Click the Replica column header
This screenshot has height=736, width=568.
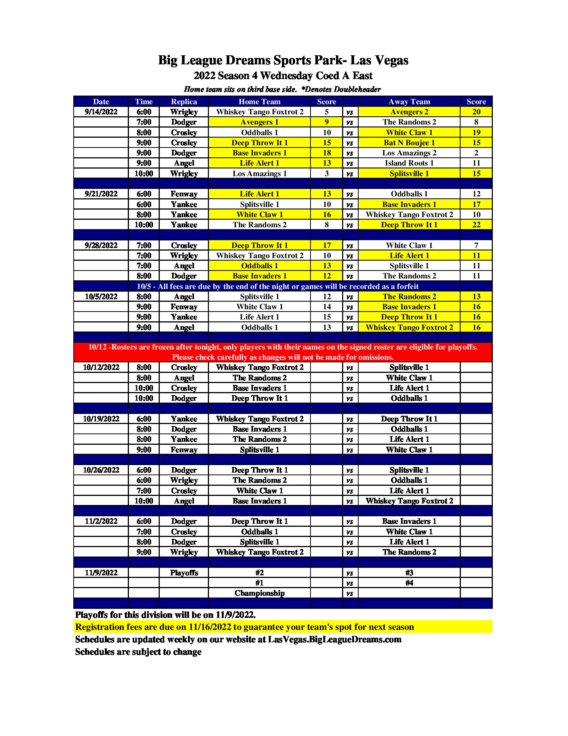(184, 102)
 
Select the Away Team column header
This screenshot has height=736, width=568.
(409, 102)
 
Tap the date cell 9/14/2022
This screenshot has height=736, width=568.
(101, 112)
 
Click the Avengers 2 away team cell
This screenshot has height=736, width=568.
(409, 112)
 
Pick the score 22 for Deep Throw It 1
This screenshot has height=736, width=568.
(476, 225)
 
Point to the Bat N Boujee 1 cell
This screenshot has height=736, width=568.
(409, 143)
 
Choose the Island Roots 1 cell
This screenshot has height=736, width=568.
(409, 163)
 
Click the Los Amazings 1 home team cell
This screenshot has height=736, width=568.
(259, 173)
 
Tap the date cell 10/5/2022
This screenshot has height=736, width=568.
(101, 297)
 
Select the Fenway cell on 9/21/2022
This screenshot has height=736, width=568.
(184, 194)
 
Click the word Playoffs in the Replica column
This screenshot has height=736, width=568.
(184, 573)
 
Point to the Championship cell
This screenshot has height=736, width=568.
(259, 593)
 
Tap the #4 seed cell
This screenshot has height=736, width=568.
(409, 583)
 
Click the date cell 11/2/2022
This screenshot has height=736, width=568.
(101, 521)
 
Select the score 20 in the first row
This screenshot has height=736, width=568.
(476, 112)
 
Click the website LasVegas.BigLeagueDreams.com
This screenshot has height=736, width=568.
(335, 639)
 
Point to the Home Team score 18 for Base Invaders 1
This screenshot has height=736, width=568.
(327, 153)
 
